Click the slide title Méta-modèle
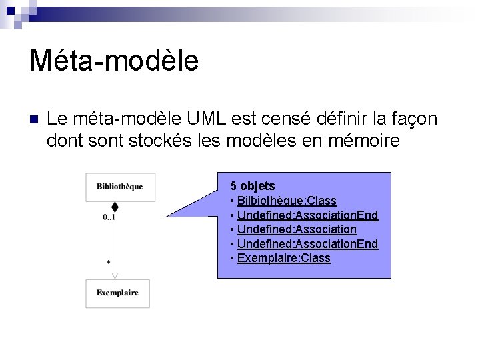114,60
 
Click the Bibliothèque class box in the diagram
119,187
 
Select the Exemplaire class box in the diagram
117,293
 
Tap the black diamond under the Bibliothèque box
115,207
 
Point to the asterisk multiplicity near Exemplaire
108,263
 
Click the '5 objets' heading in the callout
253,186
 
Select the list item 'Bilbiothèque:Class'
287,201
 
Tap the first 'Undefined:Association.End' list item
307,215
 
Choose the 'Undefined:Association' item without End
297,229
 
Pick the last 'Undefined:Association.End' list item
307,244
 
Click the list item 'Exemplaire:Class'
283,258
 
